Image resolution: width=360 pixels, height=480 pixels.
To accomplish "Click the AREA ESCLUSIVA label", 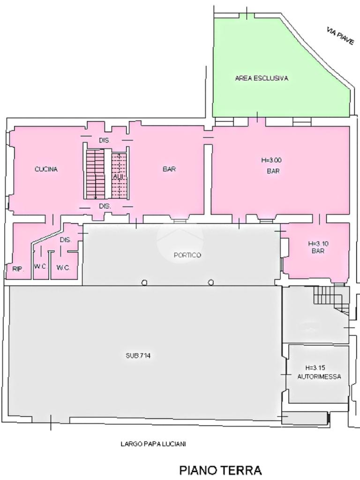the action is click(x=262, y=78).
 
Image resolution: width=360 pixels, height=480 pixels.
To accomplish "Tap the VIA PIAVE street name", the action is click(x=340, y=37).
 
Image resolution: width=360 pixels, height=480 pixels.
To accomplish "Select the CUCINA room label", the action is click(x=46, y=169).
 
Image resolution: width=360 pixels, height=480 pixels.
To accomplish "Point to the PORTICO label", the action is click(x=187, y=255).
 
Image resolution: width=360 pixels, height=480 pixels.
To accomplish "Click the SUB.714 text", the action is click(x=138, y=356).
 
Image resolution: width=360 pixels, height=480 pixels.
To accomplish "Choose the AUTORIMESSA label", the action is click(x=319, y=376).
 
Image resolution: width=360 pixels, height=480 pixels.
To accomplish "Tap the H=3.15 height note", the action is click(x=315, y=367).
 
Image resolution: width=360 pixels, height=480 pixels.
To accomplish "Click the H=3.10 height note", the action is click(x=318, y=244).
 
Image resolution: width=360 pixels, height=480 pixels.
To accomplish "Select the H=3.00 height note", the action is click(x=271, y=160).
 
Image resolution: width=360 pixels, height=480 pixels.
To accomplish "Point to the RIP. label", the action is click(x=18, y=269).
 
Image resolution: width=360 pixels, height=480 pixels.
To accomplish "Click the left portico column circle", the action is click(x=144, y=283).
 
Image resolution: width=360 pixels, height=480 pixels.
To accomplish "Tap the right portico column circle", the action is click(x=211, y=282).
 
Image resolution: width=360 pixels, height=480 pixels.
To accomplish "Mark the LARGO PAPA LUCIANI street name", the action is click(x=153, y=443).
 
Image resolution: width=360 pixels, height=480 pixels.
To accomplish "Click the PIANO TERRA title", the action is click(x=220, y=470).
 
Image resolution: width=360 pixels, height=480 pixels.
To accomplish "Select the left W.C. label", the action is click(x=40, y=267).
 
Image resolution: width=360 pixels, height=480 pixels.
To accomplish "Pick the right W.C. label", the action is click(x=63, y=268).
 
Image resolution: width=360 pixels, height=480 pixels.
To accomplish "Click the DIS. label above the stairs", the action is click(x=104, y=141).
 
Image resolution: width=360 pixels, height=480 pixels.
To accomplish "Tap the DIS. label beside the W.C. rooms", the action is click(x=65, y=240).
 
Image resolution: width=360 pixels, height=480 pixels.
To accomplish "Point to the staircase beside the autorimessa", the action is click(x=330, y=299).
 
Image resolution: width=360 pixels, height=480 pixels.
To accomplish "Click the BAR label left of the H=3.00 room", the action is click(x=169, y=169).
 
